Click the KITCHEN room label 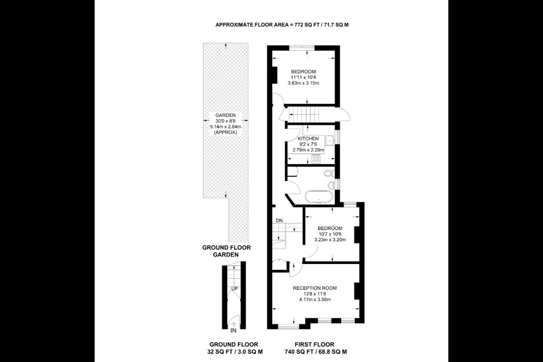pos(308,138)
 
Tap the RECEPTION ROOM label pos(314,288)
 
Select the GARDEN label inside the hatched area pos(225,115)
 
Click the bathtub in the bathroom pos(319,196)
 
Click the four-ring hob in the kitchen pos(316,159)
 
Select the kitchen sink pos(330,141)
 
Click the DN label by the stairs pos(279,221)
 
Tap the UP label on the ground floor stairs pos(235,289)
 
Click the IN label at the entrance pos(233,330)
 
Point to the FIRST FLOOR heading pos(314,344)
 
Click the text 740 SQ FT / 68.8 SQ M pos(316,352)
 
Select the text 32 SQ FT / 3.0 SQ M pos(235,352)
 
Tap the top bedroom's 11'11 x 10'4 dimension pos(303,77)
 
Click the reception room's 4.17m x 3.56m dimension pos(315,299)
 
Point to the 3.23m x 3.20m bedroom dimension pos(330,240)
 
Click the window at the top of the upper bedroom pos(302,48)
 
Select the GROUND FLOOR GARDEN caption pos(226,251)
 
